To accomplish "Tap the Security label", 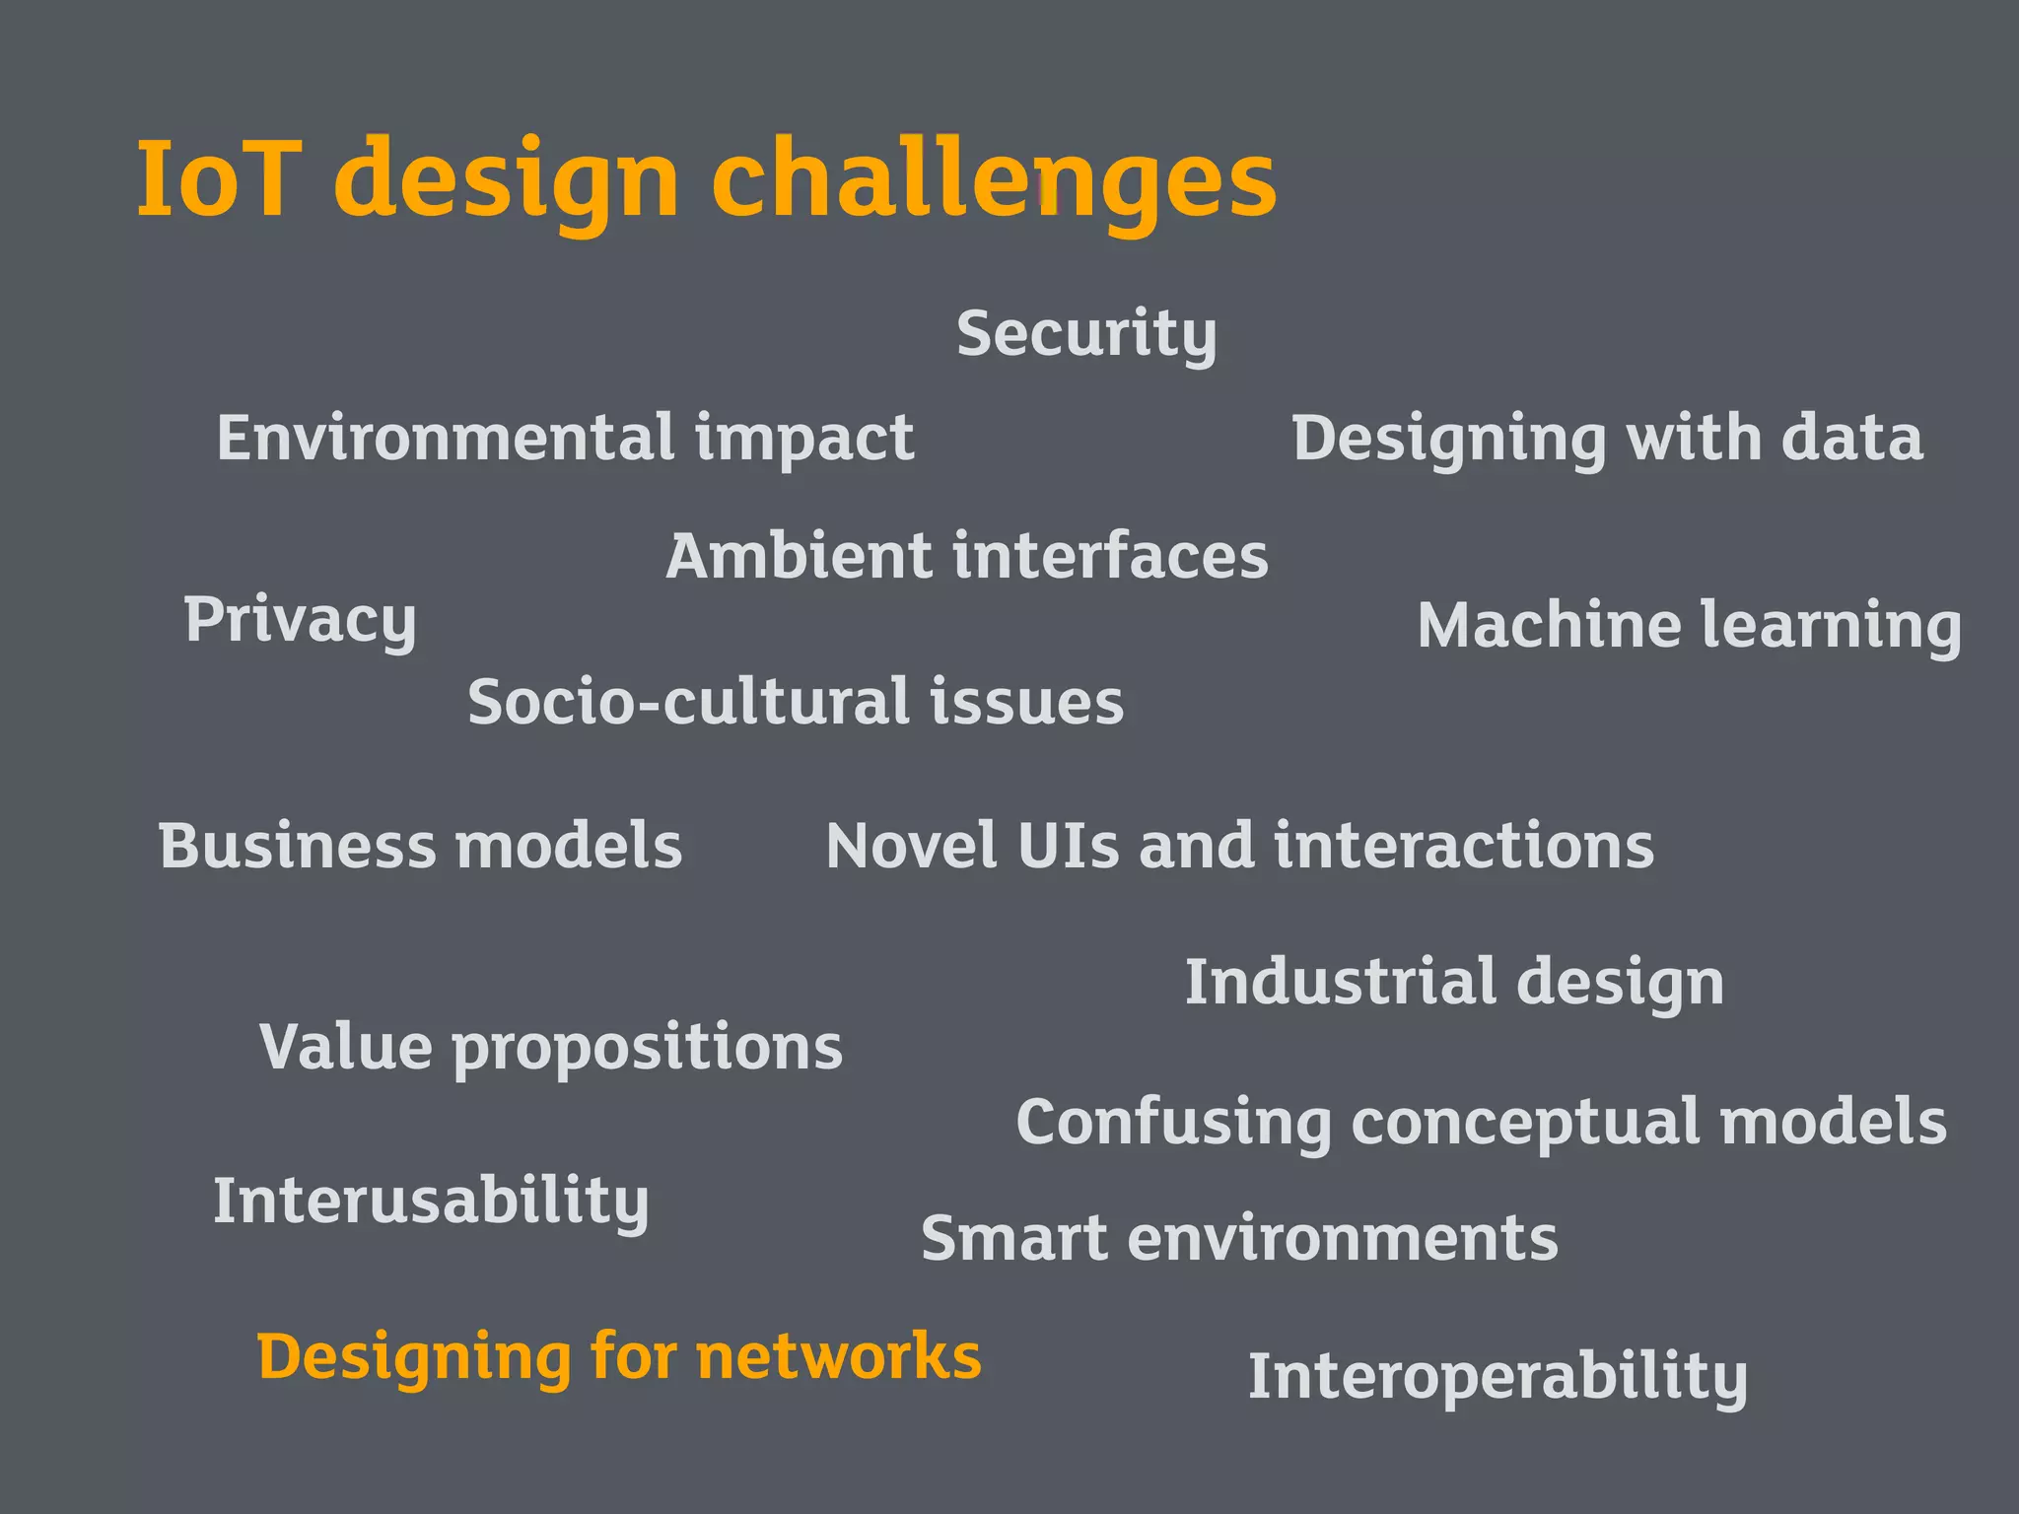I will pos(1086,335).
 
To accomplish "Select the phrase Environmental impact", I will pos(565,439).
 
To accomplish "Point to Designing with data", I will pos(1607,439).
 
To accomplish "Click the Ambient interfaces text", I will pos(967,557).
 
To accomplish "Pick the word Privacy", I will pos(300,621).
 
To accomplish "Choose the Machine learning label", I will pos(1689,627).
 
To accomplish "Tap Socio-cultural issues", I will pos(796,703).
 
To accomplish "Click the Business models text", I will pos(420,847).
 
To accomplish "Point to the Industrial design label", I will pos(1454,984).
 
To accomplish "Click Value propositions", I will pos(551,1048).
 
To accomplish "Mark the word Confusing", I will pos(1173,1124).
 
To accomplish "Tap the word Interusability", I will pos(431,1203).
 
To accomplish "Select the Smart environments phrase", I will pos(1239,1239).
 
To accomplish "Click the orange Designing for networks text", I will pos(619,1358).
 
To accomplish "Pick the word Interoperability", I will pos(1497,1378).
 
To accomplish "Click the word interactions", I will pos(1464,847).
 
